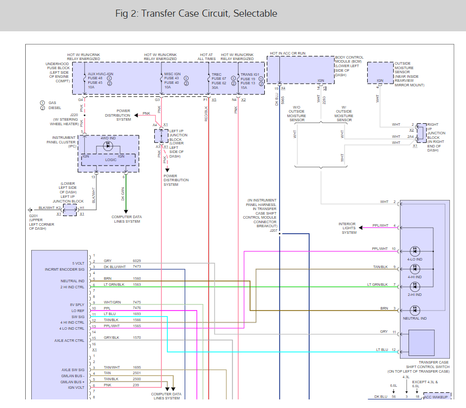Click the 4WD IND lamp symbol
tap(107, 146)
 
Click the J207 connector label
tap(274, 230)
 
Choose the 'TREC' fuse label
tap(217, 74)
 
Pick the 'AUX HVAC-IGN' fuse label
tap(101, 74)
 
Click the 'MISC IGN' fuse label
tap(172, 74)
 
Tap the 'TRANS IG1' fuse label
tap(250, 74)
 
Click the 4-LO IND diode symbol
tap(415, 251)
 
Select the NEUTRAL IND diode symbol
tap(415, 309)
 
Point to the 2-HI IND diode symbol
tap(415, 286)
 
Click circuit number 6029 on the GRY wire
tap(137, 261)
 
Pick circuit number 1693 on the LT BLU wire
tap(137, 314)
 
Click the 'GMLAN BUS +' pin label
tap(73, 382)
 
